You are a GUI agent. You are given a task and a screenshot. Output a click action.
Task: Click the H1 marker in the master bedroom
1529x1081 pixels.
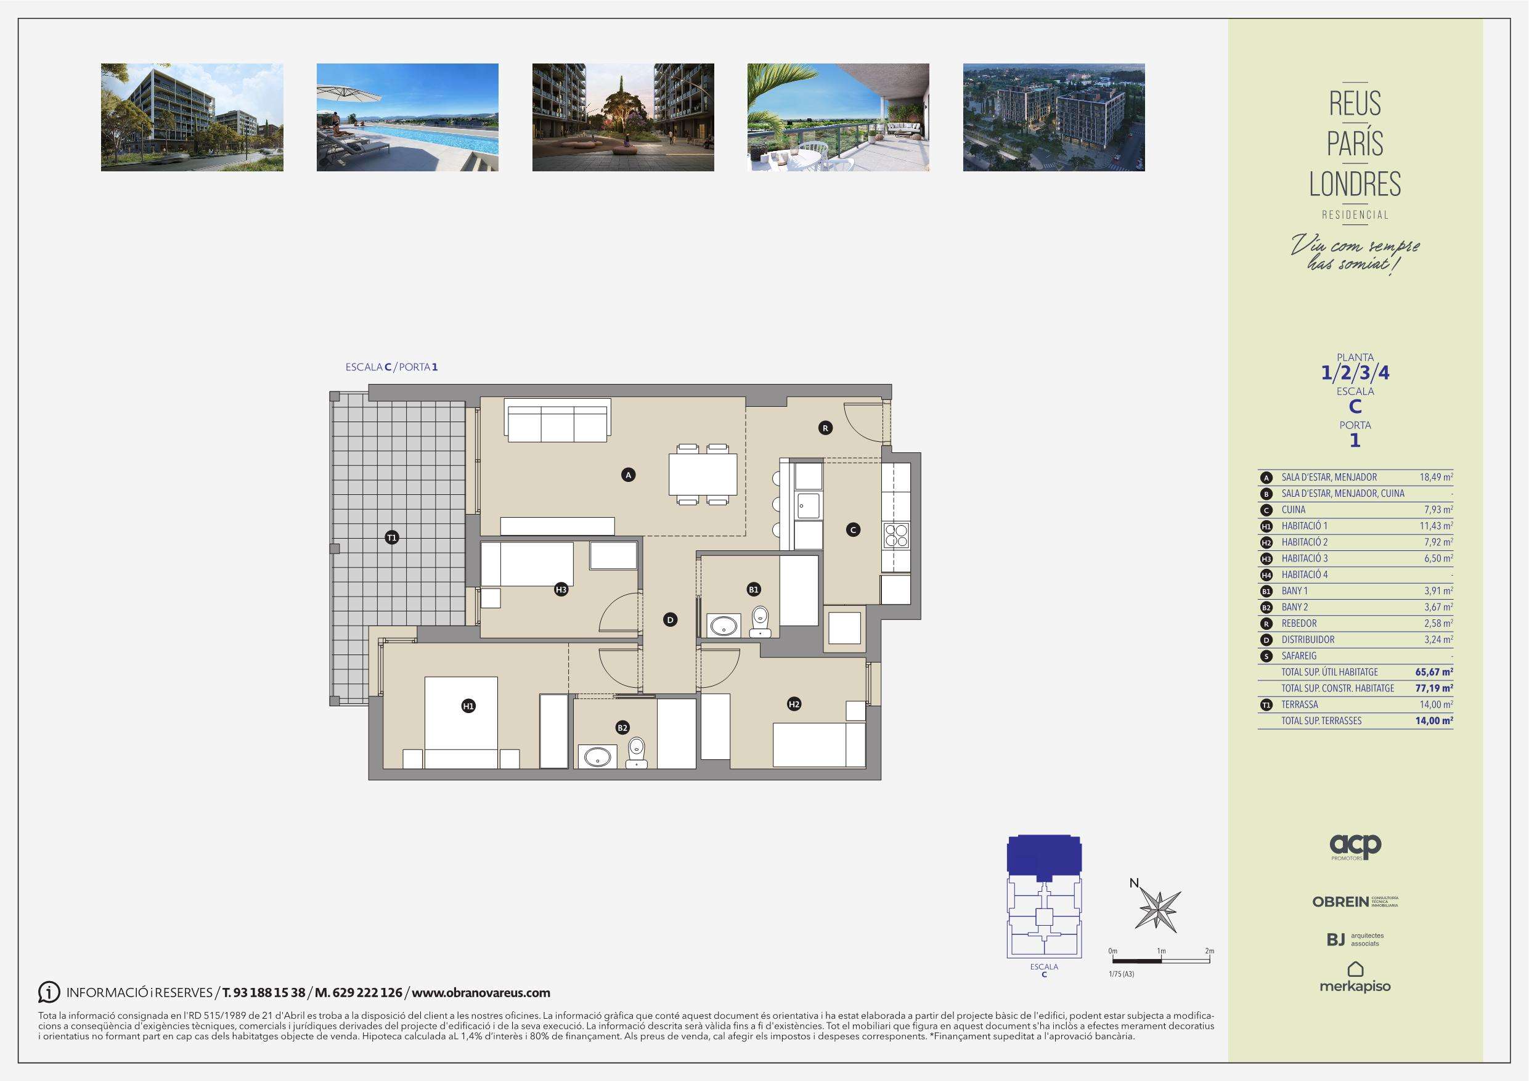(x=468, y=706)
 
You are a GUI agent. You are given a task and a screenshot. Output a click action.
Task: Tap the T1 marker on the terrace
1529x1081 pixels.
(x=391, y=537)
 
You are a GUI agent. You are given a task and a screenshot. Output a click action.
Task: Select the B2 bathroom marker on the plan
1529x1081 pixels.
(x=622, y=728)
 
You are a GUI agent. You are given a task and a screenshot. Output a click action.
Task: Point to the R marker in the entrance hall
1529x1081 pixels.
(x=825, y=428)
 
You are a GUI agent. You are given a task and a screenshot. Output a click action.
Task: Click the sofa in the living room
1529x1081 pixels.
(x=557, y=420)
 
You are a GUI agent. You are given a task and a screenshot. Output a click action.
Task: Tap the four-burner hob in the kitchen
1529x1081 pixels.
(x=895, y=536)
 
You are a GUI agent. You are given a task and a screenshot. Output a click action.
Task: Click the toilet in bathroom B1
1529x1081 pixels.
(x=760, y=620)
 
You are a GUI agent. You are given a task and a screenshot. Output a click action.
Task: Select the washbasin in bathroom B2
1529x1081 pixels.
(x=595, y=756)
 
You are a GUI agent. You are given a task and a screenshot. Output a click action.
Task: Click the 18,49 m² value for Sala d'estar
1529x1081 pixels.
(x=1437, y=477)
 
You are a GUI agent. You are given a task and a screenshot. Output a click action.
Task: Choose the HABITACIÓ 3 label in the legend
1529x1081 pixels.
(x=1305, y=558)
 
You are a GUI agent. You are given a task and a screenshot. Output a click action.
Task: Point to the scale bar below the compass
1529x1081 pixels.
(x=1162, y=961)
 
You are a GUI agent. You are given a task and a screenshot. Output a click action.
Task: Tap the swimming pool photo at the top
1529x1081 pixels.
(x=407, y=117)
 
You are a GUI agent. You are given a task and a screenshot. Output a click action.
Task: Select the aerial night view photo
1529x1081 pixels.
(x=1053, y=117)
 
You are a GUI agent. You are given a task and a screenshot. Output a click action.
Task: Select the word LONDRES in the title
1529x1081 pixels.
(x=1355, y=184)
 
